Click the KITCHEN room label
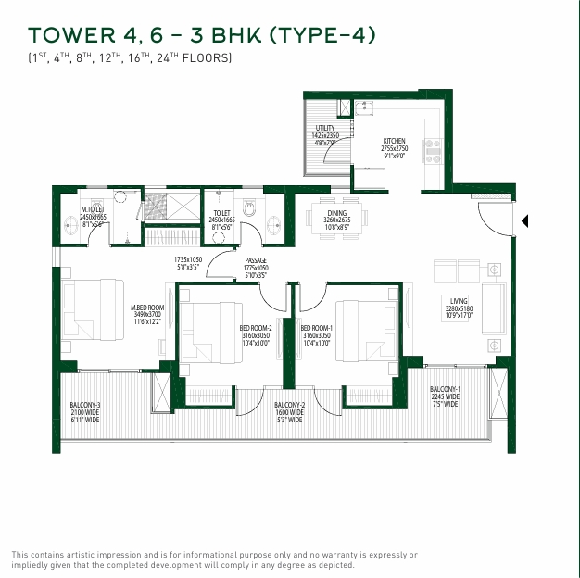tap(395, 142)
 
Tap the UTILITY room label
tap(324, 129)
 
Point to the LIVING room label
tap(459, 301)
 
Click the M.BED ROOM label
tap(147, 308)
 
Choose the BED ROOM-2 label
tap(254, 328)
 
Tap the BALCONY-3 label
tap(84, 406)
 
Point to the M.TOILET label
tap(92, 210)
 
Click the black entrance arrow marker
tap(525, 221)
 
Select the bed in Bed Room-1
tap(362, 328)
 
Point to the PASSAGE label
tap(256, 261)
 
